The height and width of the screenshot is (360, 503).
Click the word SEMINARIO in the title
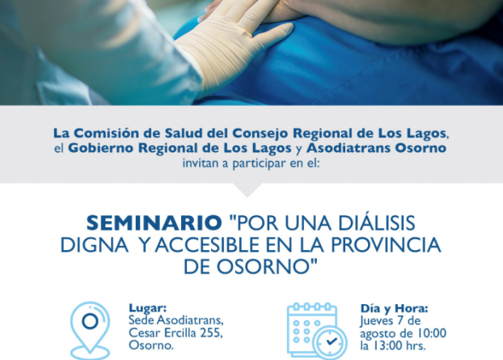(x=154, y=222)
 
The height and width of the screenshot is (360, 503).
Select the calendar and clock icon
(x=317, y=331)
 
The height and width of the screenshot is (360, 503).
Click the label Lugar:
(x=147, y=307)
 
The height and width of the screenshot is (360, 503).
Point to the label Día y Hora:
(x=394, y=308)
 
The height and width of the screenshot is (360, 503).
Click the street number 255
(x=211, y=332)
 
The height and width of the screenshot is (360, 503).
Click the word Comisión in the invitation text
(x=117, y=133)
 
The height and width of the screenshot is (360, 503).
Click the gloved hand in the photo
(x=235, y=45)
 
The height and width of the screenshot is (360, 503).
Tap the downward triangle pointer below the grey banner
(x=247, y=189)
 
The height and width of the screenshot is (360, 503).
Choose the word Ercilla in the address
(x=180, y=332)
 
